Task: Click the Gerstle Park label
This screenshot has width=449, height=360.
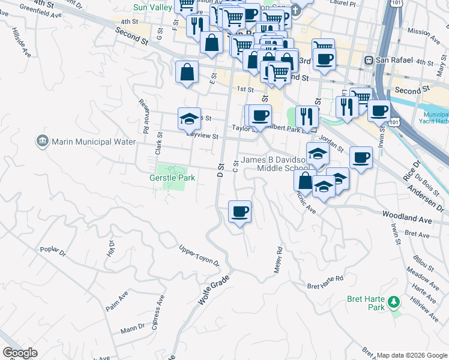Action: pyautogui.click(x=172, y=178)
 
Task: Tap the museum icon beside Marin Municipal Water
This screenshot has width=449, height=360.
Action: pyautogui.click(x=42, y=142)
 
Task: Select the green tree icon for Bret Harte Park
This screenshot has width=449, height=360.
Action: pyautogui.click(x=394, y=301)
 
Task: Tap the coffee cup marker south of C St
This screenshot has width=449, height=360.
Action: pyautogui.click(x=240, y=211)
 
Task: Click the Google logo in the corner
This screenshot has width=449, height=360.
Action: pyautogui.click(x=20, y=353)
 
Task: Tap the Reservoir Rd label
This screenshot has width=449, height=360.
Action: pyautogui.click(x=143, y=116)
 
